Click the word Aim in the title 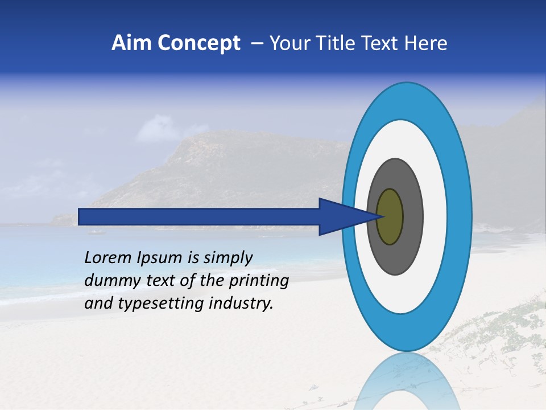[x=131, y=43]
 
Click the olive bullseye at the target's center [x=390, y=217]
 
